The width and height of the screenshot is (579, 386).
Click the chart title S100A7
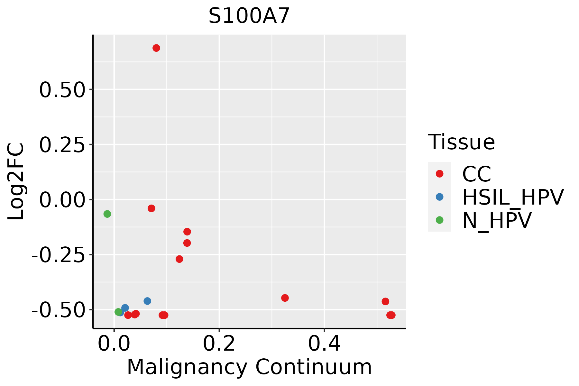pyautogui.click(x=249, y=16)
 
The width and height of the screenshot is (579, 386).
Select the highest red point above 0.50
pyautogui.click(x=156, y=48)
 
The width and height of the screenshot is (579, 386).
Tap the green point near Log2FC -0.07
pyautogui.click(x=107, y=214)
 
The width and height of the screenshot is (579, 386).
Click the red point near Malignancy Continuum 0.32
pyautogui.click(x=285, y=298)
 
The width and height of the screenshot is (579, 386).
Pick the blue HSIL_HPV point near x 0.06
pyautogui.click(x=147, y=301)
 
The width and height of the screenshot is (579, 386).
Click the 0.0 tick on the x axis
pyautogui.click(x=114, y=344)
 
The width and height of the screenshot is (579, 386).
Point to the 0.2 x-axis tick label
pyautogui.click(x=219, y=344)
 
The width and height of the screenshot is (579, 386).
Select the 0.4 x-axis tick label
pyautogui.click(x=324, y=344)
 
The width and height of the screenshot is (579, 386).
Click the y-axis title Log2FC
pyautogui.click(x=16, y=182)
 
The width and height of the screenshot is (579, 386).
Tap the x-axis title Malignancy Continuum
pyautogui.click(x=249, y=367)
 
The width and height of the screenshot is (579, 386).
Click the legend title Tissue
pyautogui.click(x=461, y=142)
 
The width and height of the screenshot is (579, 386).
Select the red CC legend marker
pyautogui.click(x=439, y=174)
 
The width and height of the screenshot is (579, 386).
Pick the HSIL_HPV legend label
pyautogui.click(x=513, y=197)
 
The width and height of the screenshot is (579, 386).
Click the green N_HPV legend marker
pyautogui.click(x=439, y=220)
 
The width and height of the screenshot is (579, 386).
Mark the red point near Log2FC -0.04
pyautogui.click(x=152, y=208)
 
